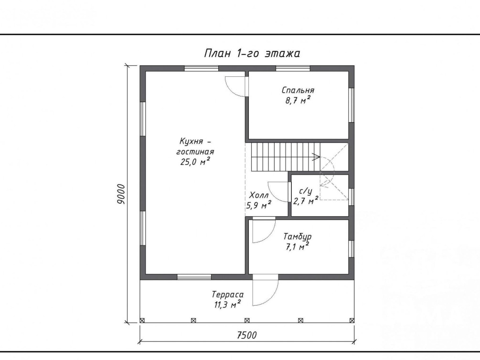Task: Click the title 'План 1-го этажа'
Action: (252, 53)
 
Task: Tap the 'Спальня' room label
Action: (298, 90)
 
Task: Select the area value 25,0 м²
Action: (195, 162)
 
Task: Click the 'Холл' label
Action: (259, 195)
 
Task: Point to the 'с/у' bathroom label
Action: (306, 191)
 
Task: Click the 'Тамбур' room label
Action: (298, 237)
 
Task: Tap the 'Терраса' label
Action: (228, 295)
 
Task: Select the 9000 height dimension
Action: (121, 194)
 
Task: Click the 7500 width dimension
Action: (247, 335)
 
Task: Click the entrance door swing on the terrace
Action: (266, 290)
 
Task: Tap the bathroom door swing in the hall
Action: (277, 192)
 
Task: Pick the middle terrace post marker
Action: (247, 320)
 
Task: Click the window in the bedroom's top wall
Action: (293, 68)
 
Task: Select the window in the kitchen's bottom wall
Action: (194, 277)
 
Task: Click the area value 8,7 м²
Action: (298, 100)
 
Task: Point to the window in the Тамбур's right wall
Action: (352, 249)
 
